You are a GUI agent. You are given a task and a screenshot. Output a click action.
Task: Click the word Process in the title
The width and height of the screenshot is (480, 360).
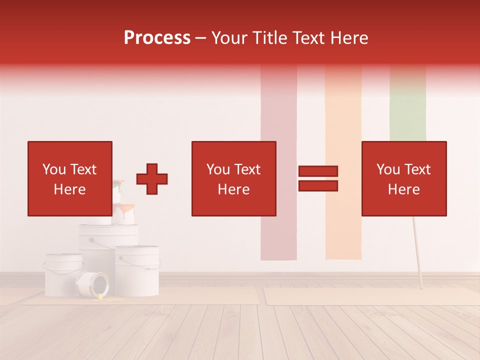(x=157, y=37)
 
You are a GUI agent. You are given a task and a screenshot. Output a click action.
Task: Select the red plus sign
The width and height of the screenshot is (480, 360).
(x=152, y=178)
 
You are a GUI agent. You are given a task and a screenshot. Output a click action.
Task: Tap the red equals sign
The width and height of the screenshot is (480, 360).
(x=318, y=178)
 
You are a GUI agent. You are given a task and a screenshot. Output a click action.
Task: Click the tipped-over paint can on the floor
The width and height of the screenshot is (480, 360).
(x=92, y=283)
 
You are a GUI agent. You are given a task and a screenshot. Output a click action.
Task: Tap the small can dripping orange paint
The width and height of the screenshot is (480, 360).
(x=123, y=214)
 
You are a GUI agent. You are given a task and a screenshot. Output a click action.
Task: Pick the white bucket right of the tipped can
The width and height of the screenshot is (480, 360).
(x=137, y=270)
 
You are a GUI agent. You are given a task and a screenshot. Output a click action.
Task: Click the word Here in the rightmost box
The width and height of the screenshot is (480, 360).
(x=404, y=189)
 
